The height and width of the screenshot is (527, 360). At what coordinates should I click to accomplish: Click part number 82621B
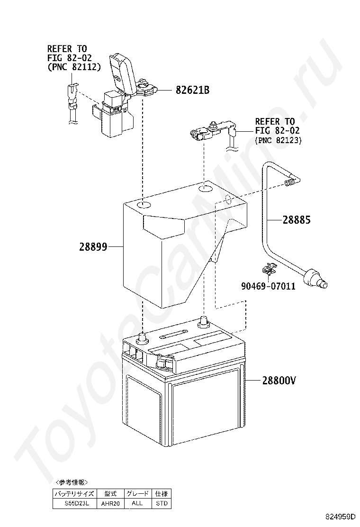coord(192,90)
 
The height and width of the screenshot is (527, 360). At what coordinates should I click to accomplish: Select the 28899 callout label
coord(93,246)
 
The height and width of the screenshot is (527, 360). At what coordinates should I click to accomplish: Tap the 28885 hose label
coord(297,220)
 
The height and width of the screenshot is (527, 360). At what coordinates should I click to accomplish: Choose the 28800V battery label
coord(279,381)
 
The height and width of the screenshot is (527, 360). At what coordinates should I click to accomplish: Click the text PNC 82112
coord(76,67)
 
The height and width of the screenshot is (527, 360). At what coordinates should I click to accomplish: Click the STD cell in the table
coord(161,504)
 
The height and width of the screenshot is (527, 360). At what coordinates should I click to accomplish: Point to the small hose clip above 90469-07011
coord(269,270)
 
